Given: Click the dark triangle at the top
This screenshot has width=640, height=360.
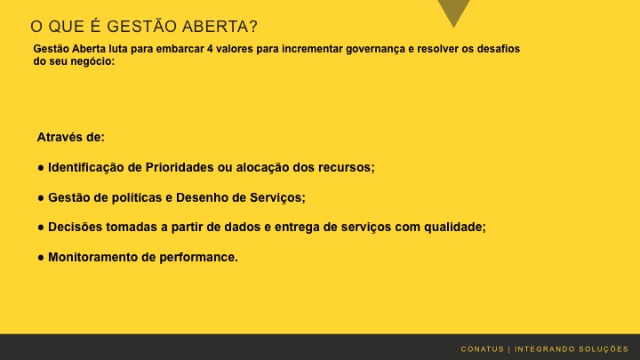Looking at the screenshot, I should click(454, 12).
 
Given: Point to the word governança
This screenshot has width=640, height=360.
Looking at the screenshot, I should click(356, 49).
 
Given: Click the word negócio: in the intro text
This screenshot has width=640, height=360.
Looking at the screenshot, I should click(92, 61).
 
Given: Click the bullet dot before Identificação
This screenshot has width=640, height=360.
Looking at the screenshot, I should click(41, 167).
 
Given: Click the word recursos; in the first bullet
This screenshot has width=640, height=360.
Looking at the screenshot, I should click(348, 167).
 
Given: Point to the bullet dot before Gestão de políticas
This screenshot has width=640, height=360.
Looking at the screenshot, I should click(41, 197).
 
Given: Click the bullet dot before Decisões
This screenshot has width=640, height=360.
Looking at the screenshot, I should click(41, 228).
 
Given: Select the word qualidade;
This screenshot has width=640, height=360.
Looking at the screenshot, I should click(454, 228).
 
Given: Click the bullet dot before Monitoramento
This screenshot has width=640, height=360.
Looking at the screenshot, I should click(41, 258).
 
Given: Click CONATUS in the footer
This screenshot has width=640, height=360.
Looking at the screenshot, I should click(482, 348).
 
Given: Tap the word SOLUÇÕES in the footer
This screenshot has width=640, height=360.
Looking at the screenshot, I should click(602, 348).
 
